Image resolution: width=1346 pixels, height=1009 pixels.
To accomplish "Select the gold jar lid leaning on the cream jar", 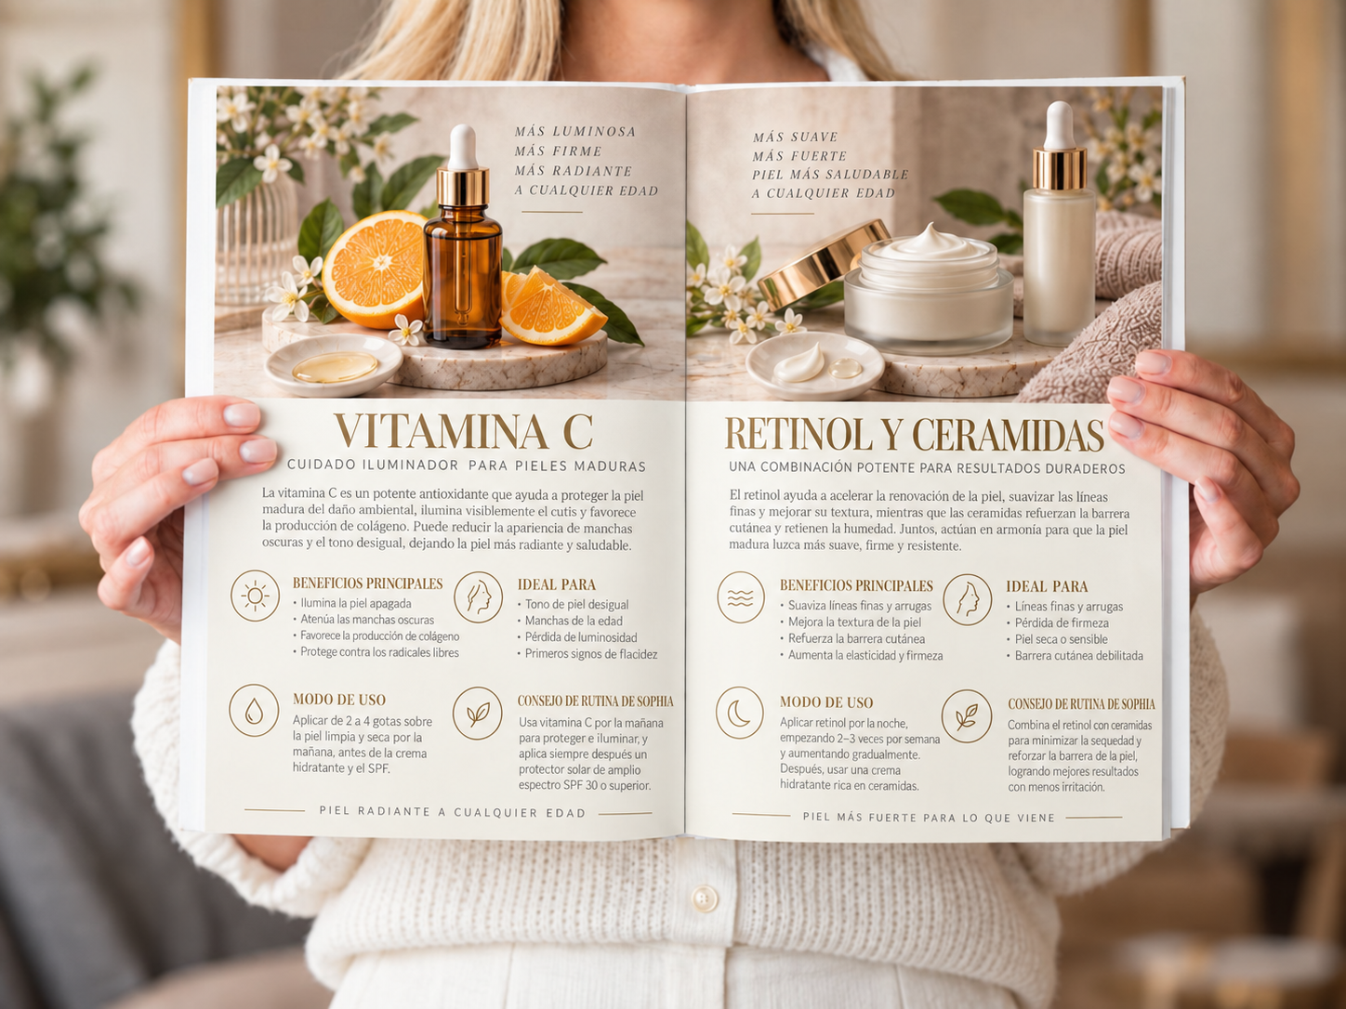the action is (x=822, y=264).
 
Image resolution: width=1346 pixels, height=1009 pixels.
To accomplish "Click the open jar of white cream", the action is (x=929, y=288).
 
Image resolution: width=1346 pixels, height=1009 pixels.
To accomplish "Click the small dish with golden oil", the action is (x=335, y=364).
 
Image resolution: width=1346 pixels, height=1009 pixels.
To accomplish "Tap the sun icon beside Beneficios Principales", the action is (x=255, y=596).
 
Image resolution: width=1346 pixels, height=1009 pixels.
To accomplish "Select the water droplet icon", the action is (x=253, y=710).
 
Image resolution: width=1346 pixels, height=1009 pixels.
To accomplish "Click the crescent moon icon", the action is (x=740, y=713).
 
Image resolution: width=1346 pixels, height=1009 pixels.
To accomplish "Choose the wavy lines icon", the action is (x=741, y=597).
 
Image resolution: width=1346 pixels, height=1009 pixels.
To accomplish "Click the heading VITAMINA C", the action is (x=463, y=431).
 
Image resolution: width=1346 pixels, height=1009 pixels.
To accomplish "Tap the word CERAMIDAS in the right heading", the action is (x=1009, y=435).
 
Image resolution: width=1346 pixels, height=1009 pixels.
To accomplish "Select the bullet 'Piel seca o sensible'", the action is (x=1065, y=639).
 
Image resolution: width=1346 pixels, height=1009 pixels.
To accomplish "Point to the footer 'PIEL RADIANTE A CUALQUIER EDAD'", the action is (x=453, y=812).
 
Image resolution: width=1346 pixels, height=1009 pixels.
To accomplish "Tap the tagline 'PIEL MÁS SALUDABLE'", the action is (x=830, y=175).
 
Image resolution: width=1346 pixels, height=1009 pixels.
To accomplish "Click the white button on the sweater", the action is (x=705, y=898).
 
